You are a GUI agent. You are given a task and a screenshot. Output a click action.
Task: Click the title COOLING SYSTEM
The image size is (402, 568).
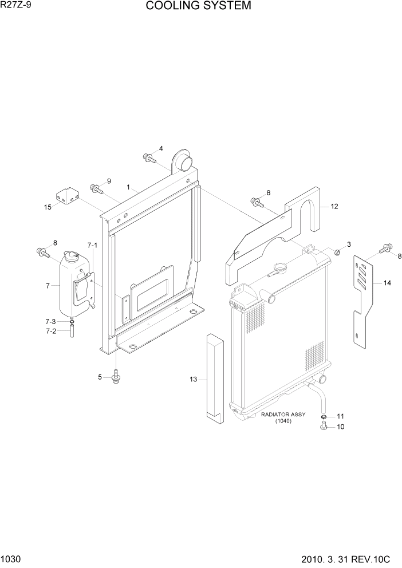(x=198, y=6)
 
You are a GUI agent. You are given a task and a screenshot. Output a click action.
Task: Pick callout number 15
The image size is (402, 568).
(x=48, y=207)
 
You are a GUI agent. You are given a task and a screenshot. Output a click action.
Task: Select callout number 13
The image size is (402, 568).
(x=193, y=378)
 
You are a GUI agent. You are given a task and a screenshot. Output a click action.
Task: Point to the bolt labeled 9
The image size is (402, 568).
(x=96, y=187)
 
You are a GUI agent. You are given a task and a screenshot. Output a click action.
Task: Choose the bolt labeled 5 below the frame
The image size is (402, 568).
(x=117, y=376)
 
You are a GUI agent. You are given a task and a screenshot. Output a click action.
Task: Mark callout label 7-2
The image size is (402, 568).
(x=51, y=331)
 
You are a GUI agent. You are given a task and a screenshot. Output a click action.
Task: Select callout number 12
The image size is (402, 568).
(x=334, y=207)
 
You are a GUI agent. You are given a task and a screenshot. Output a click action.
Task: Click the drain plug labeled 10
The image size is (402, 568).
(x=324, y=426)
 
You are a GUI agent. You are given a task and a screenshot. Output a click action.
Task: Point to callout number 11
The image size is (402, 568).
(x=340, y=416)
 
